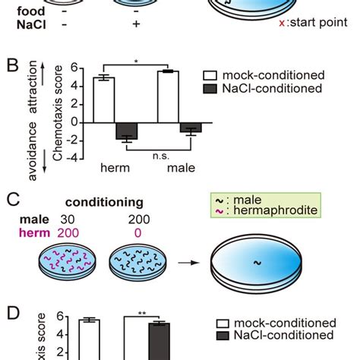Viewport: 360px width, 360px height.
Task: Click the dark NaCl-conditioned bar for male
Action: [x=191, y=127]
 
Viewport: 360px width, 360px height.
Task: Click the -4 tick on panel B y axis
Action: [x=74, y=158]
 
